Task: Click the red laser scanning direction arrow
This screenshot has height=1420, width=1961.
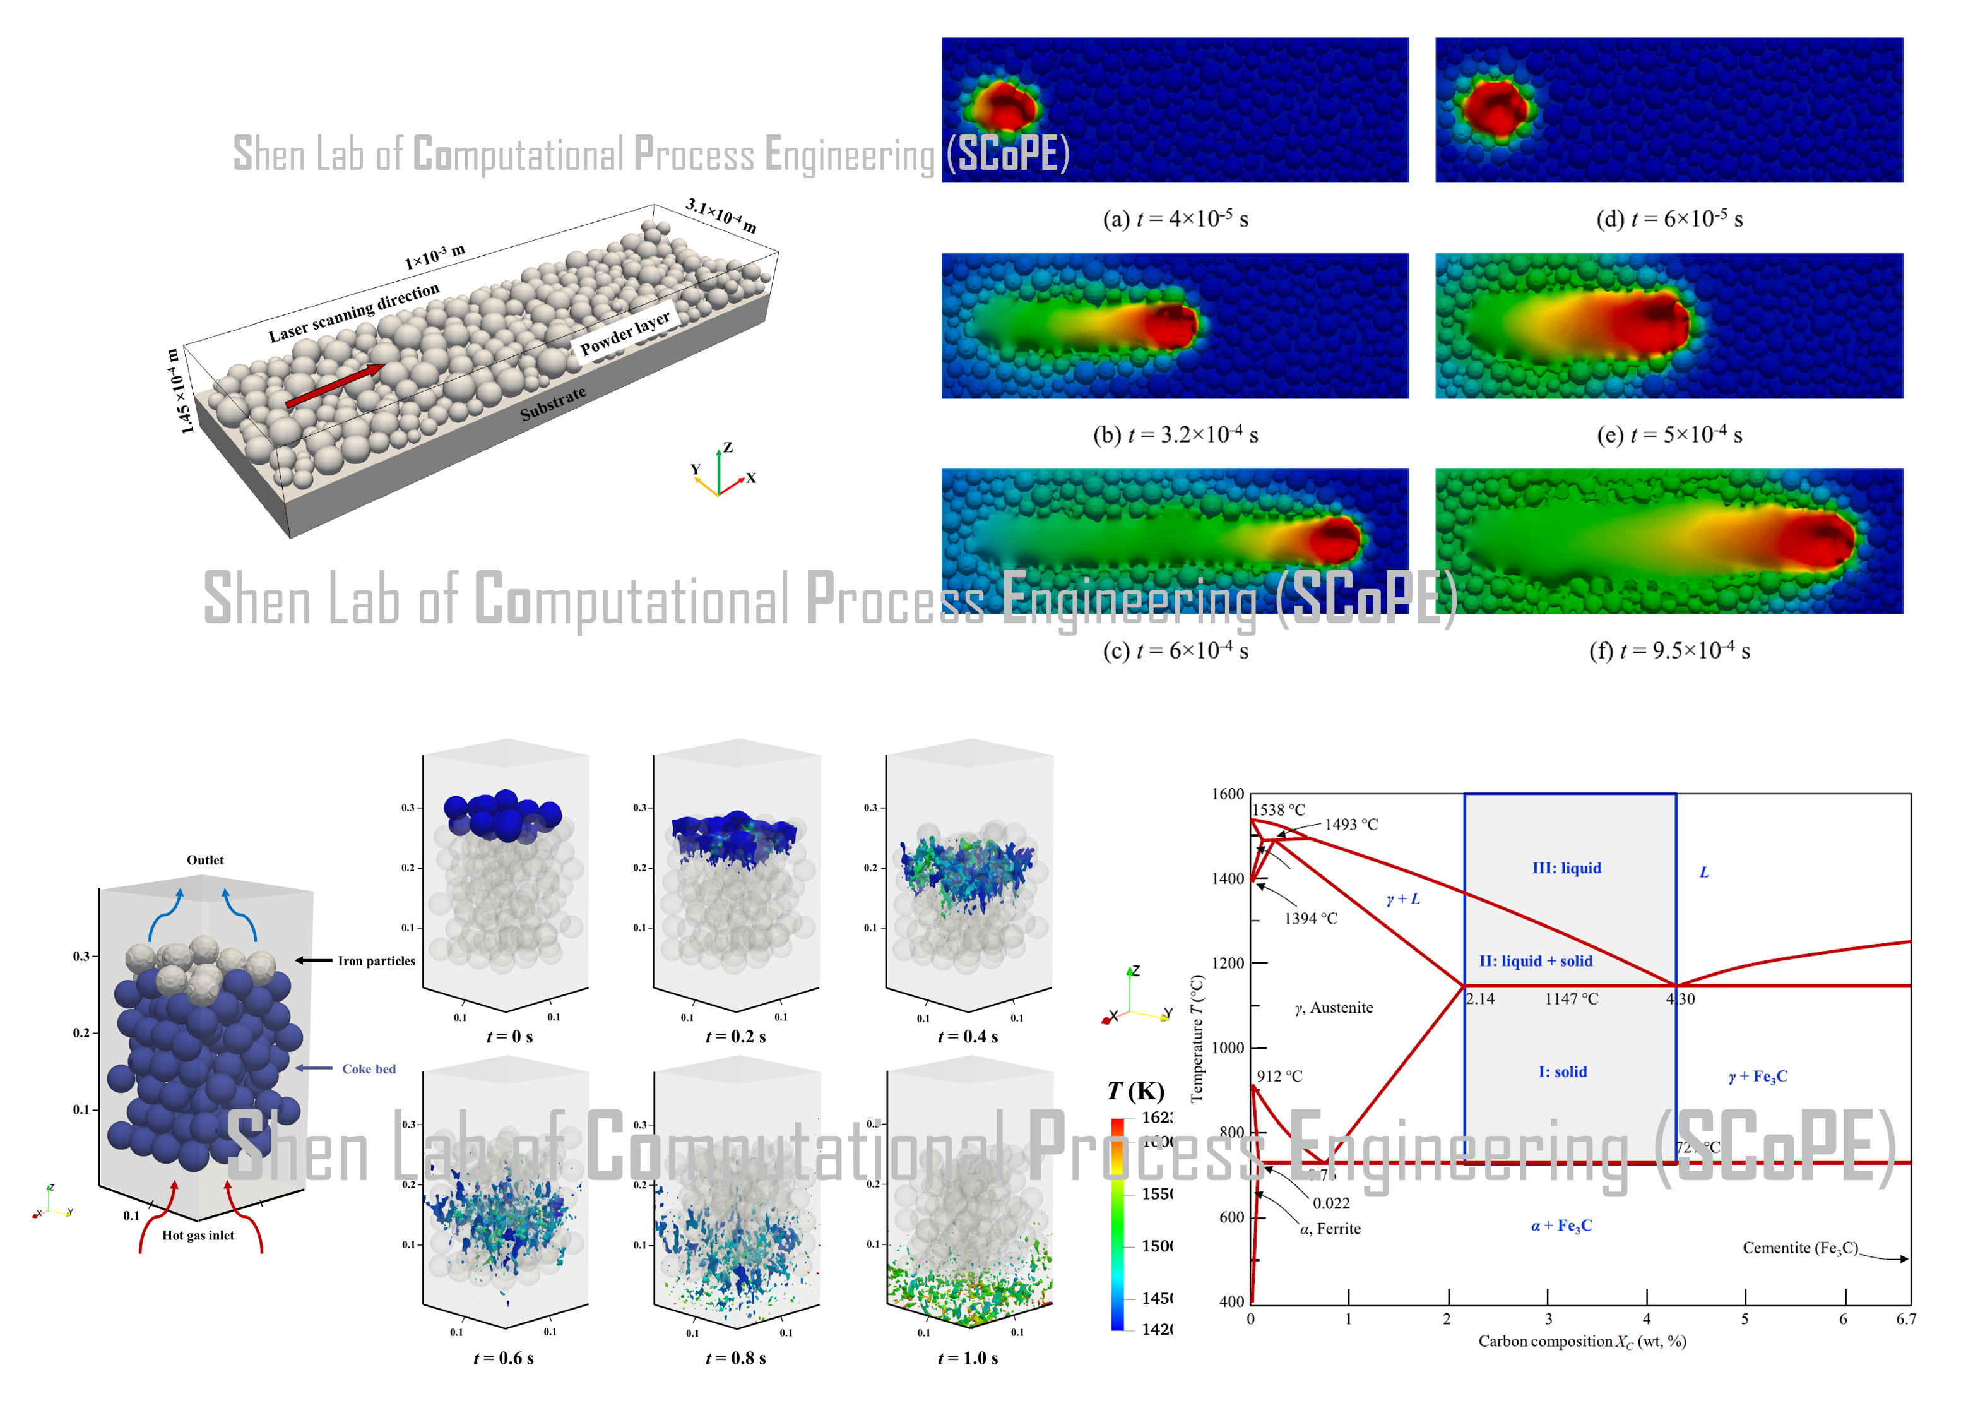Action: tap(336, 385)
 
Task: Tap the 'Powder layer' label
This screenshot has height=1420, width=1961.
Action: tap(624, 332)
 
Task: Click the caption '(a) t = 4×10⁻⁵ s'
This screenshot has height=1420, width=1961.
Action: tap(1175, 219)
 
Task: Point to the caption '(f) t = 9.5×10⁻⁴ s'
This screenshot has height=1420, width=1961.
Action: tap(1669, 650)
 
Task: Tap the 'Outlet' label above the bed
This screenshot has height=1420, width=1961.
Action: tap(205, 859)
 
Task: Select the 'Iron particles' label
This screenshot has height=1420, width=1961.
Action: tap(376, 961)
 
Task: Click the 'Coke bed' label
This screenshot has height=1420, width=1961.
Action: tap(369, 1069)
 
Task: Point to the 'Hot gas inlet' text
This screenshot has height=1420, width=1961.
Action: tap(198, 1235)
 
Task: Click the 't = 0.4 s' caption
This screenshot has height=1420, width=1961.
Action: tap(968, 1036)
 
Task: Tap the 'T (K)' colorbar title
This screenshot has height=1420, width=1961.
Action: tap(1135, 1092)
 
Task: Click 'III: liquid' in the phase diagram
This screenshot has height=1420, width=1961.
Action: tap(1567, 868)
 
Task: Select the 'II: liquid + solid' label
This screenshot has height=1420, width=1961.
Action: tap(1536, 961)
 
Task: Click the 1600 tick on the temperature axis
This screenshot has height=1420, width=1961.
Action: tap(1227, 794)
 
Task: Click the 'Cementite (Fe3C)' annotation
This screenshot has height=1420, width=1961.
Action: tap(1799, 1247)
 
